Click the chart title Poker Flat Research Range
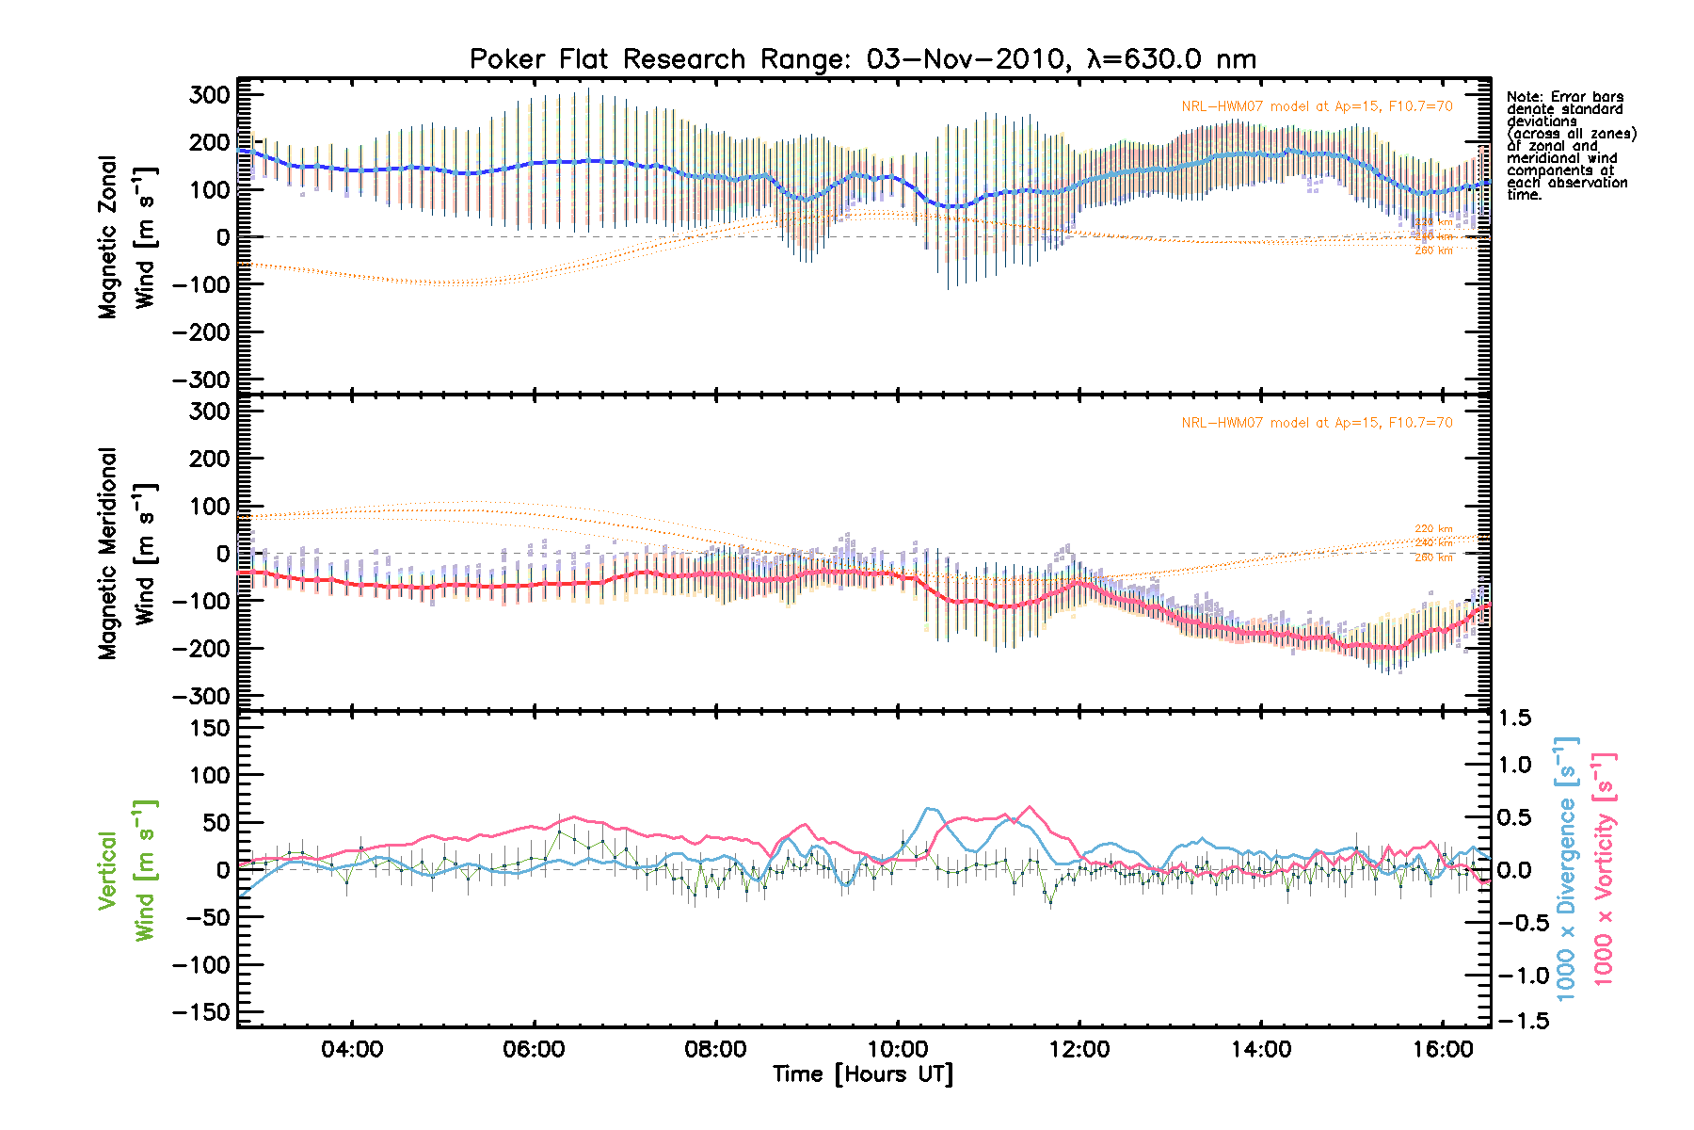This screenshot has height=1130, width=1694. (x=862, y=59)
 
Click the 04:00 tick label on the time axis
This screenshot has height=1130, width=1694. (x=352, y=1049)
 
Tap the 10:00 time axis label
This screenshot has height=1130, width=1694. (x=897, y=1049)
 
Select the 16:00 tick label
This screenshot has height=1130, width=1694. (x=1443, y=1049)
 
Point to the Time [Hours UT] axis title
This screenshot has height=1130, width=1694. (x=862, y=1074)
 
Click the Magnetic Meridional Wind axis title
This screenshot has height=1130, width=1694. (x=126, y=554)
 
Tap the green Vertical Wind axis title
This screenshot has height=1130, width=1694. (x=126, y=870)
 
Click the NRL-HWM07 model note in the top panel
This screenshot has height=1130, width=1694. (x=1317, y=106)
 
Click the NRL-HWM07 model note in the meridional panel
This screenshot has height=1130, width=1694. (x=1317, y=423)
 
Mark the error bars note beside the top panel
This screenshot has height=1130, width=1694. (x=1570, y=146)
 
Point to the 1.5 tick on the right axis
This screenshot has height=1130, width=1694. (x=1515, y=718)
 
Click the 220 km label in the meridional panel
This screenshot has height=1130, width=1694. (x=1433, y=529)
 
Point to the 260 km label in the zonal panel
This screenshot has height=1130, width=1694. (x=1433, y=250)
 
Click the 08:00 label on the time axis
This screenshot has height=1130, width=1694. (x=715, y=1049)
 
